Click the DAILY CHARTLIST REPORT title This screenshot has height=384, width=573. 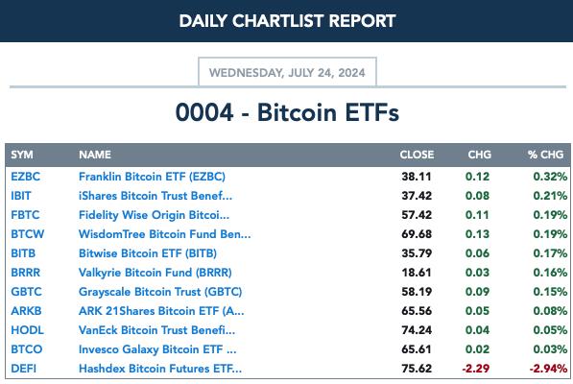point(287,21)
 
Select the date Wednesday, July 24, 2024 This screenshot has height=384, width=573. point(287,73)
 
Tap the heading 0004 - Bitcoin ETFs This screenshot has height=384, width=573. point(287,112)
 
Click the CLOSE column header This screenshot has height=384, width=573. point(417,155)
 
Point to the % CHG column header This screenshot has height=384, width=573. point(545,155)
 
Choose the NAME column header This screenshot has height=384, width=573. point(95,155)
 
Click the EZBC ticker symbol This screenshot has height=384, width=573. point(25,177)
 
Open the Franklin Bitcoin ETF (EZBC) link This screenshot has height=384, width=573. point(152,177)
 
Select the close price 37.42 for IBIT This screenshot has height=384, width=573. point(417,196)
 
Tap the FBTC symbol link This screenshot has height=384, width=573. point(25,215)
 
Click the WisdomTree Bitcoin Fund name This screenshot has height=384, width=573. point(165,234)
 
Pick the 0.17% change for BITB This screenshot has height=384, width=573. point(550,253)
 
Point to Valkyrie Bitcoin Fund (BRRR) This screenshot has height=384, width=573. point(155,273)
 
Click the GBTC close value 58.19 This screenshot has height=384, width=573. point(417,292)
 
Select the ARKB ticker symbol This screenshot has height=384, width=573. point(26,311)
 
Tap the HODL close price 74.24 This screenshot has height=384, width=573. point(417,330)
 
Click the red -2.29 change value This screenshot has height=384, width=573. point(475,369)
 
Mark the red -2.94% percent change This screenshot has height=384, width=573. point(548,369)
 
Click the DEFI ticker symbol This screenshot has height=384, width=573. point(23,369)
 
